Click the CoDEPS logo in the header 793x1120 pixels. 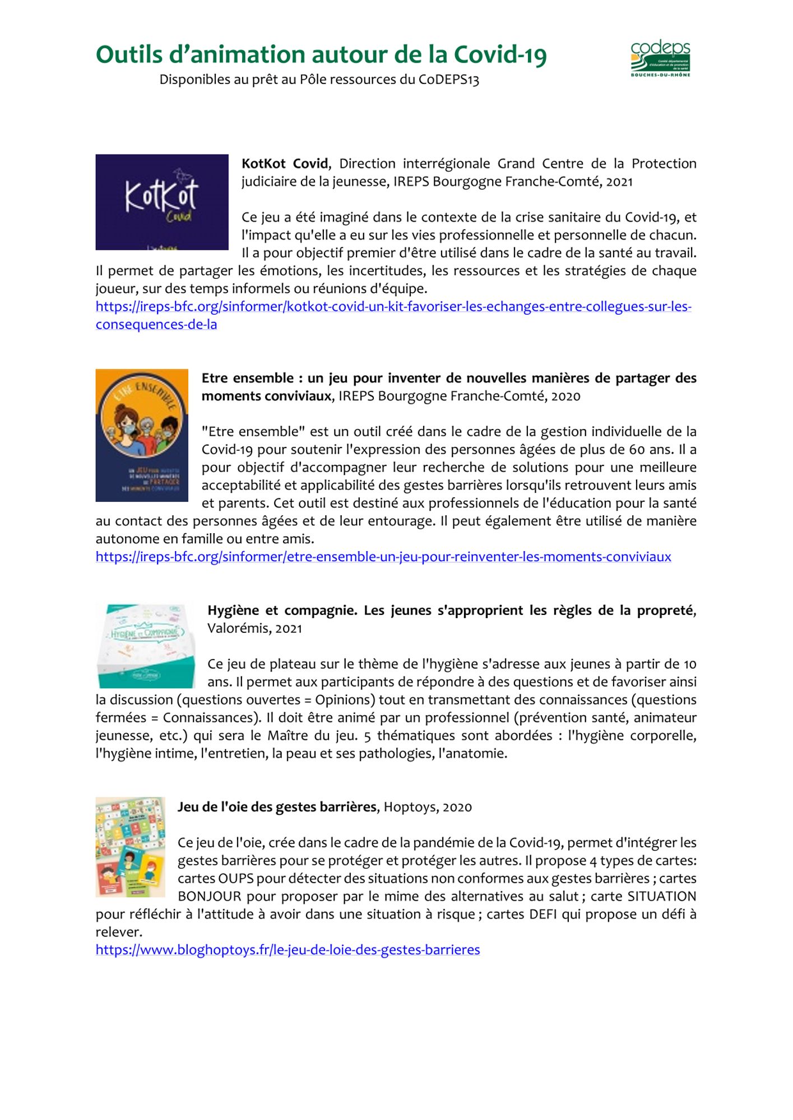click(660, 58)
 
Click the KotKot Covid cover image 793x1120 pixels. click(162, 202)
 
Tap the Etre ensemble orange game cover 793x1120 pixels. click(142, 435)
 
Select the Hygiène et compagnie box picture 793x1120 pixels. click(146, 645)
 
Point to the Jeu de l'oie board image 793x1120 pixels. click(130, 847)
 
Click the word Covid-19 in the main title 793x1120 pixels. click(500, 55)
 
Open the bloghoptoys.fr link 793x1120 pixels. click(287, 950)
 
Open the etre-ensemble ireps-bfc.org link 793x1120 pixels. click(383, 557)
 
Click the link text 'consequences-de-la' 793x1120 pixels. click(156, 324)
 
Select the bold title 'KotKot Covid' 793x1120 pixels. click(285, 164)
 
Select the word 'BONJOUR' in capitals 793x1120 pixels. click(209, 896)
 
